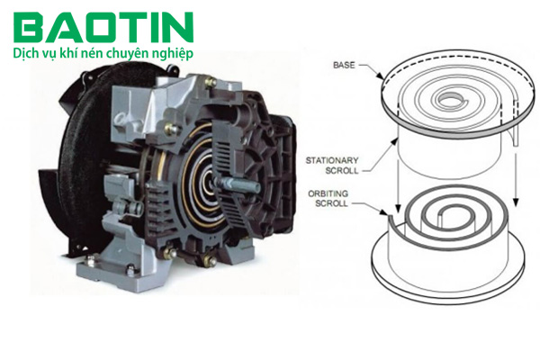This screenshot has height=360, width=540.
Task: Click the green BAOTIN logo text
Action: [x=103, y=27]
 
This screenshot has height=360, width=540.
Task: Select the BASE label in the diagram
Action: [x=344, y=65]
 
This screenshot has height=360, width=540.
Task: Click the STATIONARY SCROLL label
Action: [x=332, y=166]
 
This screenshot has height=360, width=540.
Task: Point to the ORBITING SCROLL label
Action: [x=328, y=198]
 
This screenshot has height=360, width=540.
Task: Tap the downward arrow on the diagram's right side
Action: [x=516, y=179]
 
